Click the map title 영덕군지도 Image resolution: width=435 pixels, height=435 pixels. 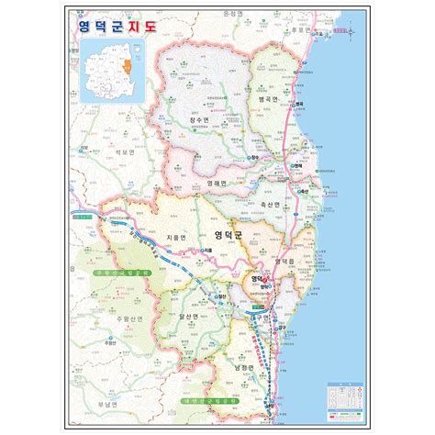[x=118, y=27]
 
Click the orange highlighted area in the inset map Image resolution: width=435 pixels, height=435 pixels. [x=133, y=67]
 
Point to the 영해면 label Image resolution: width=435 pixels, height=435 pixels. [x=218, y=184]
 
